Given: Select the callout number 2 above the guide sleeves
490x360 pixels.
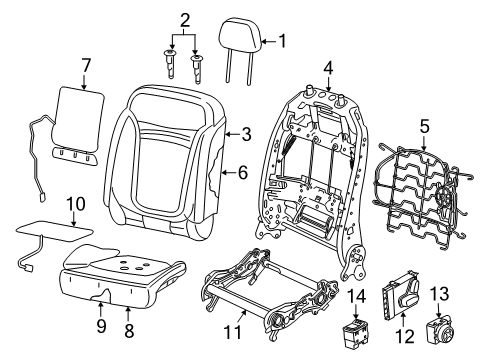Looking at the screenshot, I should [183, 19].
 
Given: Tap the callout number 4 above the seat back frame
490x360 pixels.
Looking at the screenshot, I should [327, 69].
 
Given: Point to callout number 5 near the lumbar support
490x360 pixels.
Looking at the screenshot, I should [424, 127].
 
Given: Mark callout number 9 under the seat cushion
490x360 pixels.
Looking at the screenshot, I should [100, 325].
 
